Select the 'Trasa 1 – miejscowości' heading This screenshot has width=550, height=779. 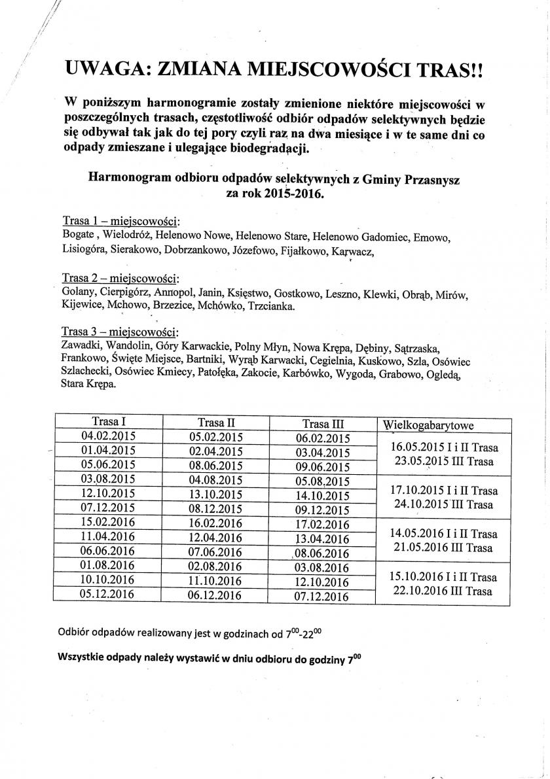121,219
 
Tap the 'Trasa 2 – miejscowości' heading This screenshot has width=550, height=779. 121,278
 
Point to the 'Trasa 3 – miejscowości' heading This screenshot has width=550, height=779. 121,331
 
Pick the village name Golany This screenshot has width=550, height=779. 79,294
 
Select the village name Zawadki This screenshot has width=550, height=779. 82,347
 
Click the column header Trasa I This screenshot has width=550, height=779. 105,422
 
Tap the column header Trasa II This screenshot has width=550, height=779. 212,423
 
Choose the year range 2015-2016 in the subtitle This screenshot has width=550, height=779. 288,194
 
